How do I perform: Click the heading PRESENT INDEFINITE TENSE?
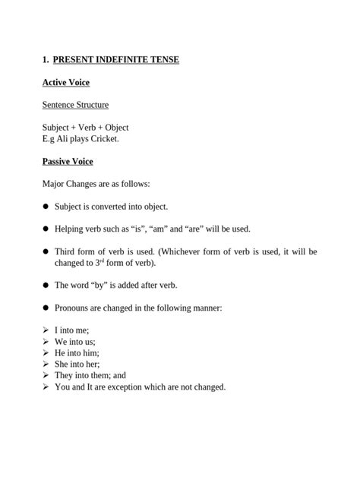coord(116,59)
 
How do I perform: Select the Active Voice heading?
coord(66,82)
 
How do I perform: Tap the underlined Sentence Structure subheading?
coord(75,105)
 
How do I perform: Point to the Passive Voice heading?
coord(68,162)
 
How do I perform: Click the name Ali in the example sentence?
coord(62,139)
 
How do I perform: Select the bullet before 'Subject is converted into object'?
coord(46,207)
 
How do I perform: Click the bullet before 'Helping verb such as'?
coord(46,229)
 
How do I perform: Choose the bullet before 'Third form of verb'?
coord(46,251)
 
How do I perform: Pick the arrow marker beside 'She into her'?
coord(46,365)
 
